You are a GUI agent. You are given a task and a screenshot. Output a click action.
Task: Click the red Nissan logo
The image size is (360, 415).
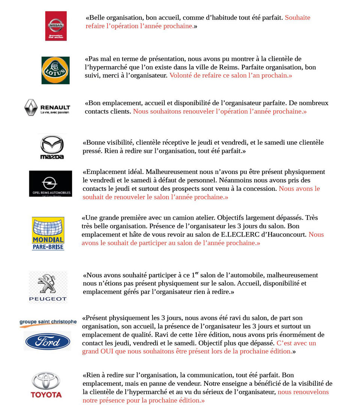point(56,26)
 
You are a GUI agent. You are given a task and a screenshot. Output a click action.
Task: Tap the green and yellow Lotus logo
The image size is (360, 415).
point(55,70)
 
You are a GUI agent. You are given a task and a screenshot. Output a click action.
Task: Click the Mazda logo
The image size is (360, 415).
point(52,147)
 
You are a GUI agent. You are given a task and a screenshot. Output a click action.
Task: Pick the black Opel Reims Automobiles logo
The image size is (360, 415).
point(50,183)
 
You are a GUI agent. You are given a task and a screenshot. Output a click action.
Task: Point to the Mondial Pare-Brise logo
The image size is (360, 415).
point(48,234)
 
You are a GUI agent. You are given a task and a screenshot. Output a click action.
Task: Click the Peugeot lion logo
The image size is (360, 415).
point(48,287)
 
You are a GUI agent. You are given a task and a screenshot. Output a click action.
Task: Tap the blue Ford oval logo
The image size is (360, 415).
point(48,342)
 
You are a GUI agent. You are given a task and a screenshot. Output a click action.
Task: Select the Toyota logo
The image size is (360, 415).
point(46,385)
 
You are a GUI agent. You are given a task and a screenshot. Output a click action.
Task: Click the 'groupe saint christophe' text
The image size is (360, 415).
point(48,322)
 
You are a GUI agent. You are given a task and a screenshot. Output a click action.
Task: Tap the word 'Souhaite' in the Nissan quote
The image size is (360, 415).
point(297,18)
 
